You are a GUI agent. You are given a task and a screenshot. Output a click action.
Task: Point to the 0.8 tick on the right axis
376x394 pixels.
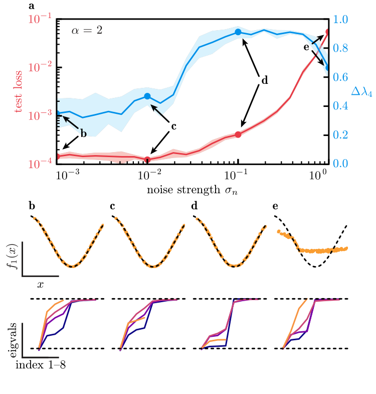(x=341, y=48)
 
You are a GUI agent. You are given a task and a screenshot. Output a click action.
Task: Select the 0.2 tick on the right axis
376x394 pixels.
(x=341, y=135)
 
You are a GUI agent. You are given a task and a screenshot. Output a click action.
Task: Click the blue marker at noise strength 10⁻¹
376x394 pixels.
(x=238, y=32)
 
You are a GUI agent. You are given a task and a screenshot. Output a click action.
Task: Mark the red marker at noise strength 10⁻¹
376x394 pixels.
(x=238, y=134)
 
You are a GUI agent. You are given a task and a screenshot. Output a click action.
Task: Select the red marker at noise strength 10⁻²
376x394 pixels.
(x=147, y=160)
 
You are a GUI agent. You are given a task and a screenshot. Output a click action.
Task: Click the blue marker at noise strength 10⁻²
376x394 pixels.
(x=147, y=96)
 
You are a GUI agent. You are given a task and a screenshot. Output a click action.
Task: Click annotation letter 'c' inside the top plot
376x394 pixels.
(x=174, y=126)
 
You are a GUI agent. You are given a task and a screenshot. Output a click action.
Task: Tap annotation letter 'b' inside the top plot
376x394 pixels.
(x=83, y=134)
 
